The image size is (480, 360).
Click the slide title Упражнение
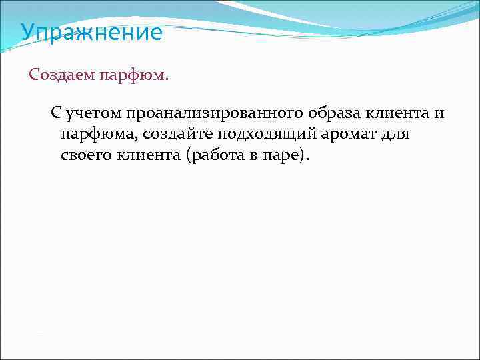pyautogui.click(x=91, y=33)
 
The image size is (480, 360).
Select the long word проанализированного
pyautogui.click(x=213, y=113)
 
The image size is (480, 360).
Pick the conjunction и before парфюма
pyautogui.click(x=439, y=113)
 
